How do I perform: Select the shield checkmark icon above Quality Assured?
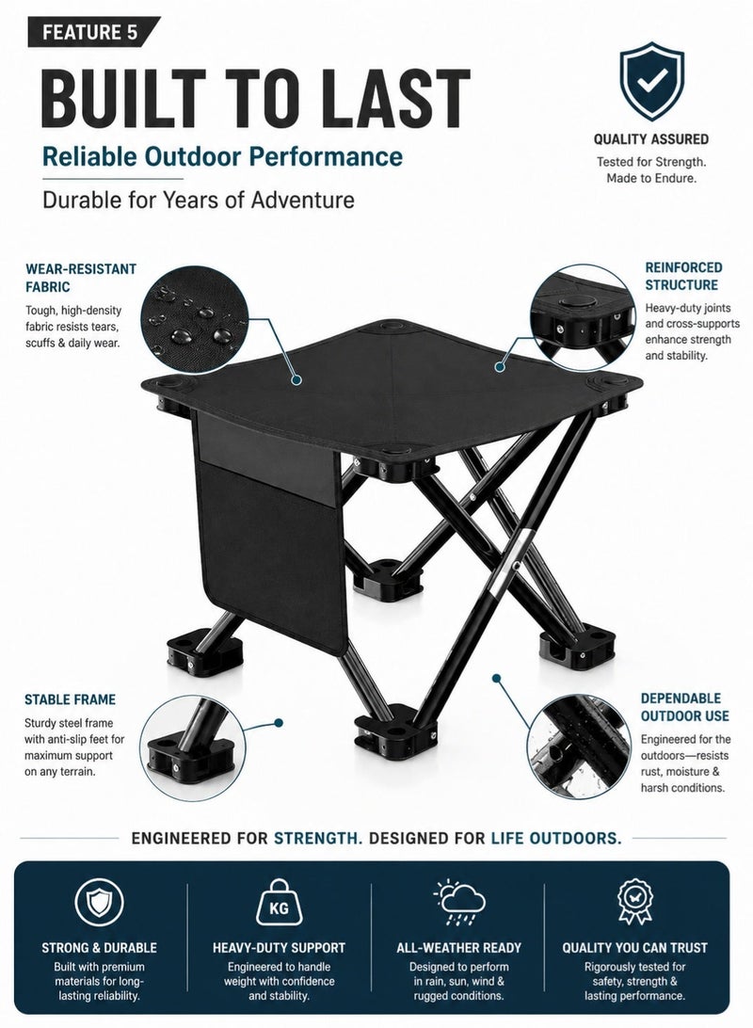coord(652,81)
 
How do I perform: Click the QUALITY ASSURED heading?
coord(650,139)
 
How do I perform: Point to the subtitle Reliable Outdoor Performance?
coord(222,156)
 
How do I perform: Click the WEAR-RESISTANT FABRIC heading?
coord(81,278)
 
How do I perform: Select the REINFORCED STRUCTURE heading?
coord(683,276)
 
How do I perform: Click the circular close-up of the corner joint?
coord(583,316)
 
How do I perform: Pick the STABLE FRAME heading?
coord(70,699)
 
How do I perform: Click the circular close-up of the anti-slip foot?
coord(193,747)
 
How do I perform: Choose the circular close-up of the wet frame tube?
coord(579,747)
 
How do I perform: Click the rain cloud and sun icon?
coord(458,902)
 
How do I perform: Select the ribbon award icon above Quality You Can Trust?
coord(635,902)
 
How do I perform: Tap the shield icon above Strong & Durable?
coord(99,902)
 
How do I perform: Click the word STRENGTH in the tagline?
coord(318,838)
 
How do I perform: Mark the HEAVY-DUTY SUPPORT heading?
coord(279,947)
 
